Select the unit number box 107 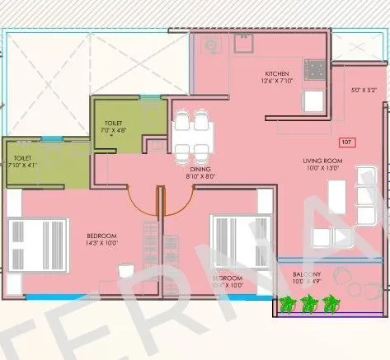click(346, 143)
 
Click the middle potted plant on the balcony click(309, 304)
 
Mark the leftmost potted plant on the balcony click(287, 304)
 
